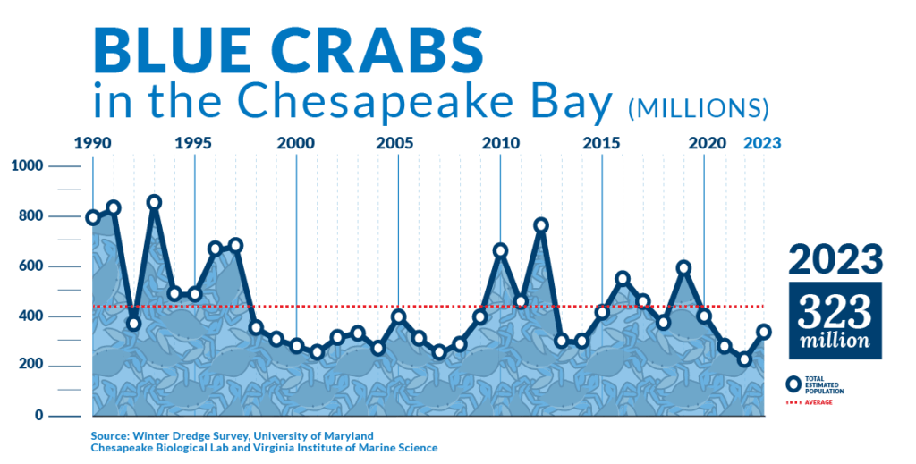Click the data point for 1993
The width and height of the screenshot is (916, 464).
click(x=154, y=203)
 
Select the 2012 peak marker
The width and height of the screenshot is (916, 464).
click(x=541, y=225)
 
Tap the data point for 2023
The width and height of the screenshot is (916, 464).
click(x=763, y=332)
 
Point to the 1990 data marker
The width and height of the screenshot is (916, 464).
click(x=93, y=218)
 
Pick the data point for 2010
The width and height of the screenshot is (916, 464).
click(x=500, y=251)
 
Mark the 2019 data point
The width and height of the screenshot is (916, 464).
click(x=684, y=268)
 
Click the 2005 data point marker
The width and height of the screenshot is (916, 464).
click(x=398, y=316)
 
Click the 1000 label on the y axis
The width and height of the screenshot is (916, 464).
click(x=27, y=165)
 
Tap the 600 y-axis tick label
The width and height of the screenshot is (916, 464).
click(x=30, y=266)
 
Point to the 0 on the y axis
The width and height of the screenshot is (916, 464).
click(x=39, y=415)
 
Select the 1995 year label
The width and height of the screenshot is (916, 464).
click(x=193, y=144)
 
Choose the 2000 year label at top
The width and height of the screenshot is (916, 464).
click(x=295, y=144)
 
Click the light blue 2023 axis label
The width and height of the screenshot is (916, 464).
click(x=762, y=144)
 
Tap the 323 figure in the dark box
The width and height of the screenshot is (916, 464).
click(x=835, y=312)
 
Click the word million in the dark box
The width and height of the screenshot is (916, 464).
click(x=835, y=341)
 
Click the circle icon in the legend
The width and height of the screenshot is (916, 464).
click(x=794, y=384)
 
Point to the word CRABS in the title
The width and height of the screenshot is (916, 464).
click(x=380, y=49)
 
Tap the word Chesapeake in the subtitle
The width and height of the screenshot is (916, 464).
click(x=376, y=100)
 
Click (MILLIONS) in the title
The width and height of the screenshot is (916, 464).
click(x=698, y=108)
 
